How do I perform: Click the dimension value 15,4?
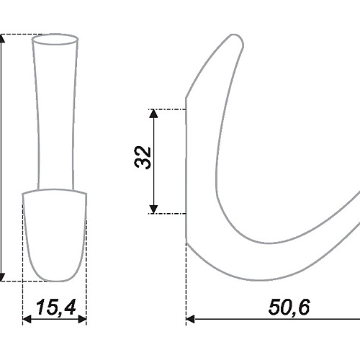point(56,307)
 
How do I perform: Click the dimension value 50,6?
point(289,307)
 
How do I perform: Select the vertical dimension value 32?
point(143,158)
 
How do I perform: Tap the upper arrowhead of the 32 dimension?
point(153,114)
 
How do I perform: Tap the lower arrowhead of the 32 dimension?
point(153,209)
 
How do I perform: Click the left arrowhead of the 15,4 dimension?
point(27,319)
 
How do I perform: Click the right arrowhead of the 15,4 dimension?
point(82,319)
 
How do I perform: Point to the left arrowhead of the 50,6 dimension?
point(190,319)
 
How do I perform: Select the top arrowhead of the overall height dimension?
point(1,38)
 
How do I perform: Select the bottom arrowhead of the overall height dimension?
point(1,277)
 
